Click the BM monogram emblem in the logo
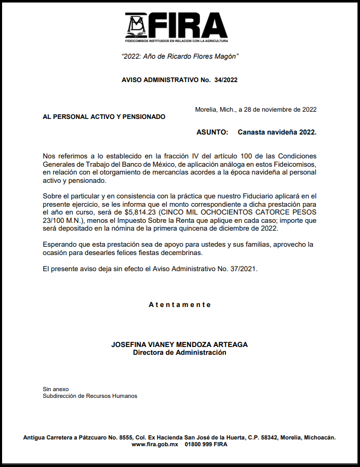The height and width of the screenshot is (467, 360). click(137, 24)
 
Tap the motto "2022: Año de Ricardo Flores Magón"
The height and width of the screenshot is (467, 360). click(180, 56)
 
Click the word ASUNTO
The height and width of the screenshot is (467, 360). click(212, 132)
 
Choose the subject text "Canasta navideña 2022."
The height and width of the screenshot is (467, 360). click(277, 132)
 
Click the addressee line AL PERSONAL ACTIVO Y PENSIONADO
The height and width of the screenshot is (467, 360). click(104, 117)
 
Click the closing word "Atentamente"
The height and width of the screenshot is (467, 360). click(180, 305)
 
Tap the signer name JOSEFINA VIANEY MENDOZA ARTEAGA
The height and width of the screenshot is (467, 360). click(180, 344)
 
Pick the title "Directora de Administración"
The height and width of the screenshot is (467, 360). click(180, 352)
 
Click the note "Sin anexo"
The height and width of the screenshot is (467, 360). click(56, 389)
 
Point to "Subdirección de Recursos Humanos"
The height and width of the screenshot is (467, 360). click(90, 396)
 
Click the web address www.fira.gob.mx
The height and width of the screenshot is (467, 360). click(155, 445)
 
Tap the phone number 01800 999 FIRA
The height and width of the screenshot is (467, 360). click(206, 445)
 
